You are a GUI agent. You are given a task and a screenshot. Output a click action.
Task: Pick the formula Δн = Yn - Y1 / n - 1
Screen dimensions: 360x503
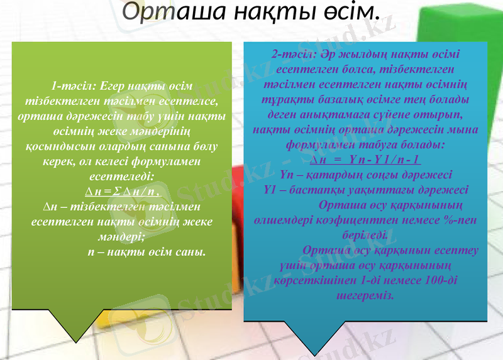(365, 159)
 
